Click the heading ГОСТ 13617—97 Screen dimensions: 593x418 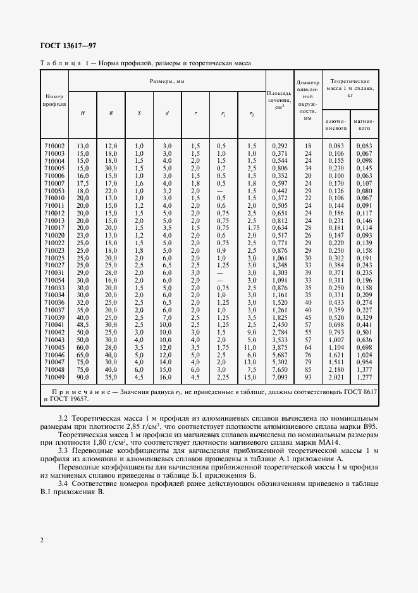(68, 46)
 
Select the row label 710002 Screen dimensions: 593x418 (54, 146)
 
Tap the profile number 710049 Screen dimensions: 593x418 (54, 378)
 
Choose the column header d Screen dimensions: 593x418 (167, 113)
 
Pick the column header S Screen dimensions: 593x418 (139, 113)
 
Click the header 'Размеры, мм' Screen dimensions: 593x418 (167, 82)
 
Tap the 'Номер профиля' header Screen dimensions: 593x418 (54, 99)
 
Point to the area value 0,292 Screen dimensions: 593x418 (279, 146)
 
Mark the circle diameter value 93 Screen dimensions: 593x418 (308, 378)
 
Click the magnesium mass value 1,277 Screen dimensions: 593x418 (363, 378)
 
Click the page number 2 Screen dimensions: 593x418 (41, 540)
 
